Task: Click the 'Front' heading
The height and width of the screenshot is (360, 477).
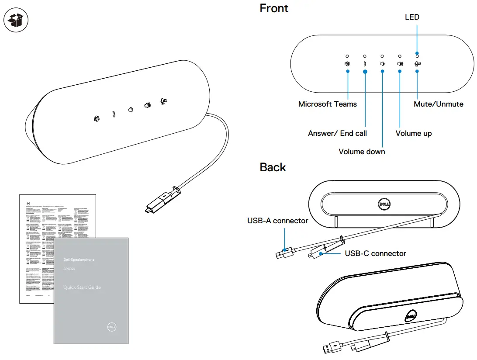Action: (x=274, y=8)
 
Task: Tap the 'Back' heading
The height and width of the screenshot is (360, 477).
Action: (x=273, y=167)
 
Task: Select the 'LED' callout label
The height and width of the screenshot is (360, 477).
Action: (x=412, y=17)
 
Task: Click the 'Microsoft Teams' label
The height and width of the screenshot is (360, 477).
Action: (x=327, y=104)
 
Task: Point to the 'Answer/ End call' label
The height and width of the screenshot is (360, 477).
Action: (x=337, y=133)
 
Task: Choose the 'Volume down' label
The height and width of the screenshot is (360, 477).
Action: (x=362, y=152)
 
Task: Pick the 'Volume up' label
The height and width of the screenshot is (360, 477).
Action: (x=413, y=133)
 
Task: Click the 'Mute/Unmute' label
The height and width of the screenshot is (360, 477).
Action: (x=439, y=104)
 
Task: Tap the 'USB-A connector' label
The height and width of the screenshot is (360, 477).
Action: (x=277, y=221)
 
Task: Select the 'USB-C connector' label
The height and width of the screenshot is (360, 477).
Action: (x=375, y=253)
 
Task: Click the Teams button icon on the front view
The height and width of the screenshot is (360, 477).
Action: (x=347, y=64)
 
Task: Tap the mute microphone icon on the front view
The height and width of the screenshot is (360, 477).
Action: (x=418, y=64)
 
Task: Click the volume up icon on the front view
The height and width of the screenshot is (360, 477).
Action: (x=400, y=64)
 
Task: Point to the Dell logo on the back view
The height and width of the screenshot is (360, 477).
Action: (x=383, y=204)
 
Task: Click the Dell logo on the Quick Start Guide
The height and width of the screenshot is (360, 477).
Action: (x=112, y=327)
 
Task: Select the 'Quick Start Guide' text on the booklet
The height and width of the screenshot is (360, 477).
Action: (x=82, y=287)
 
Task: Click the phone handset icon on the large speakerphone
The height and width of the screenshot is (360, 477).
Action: (x=114, y=114)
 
